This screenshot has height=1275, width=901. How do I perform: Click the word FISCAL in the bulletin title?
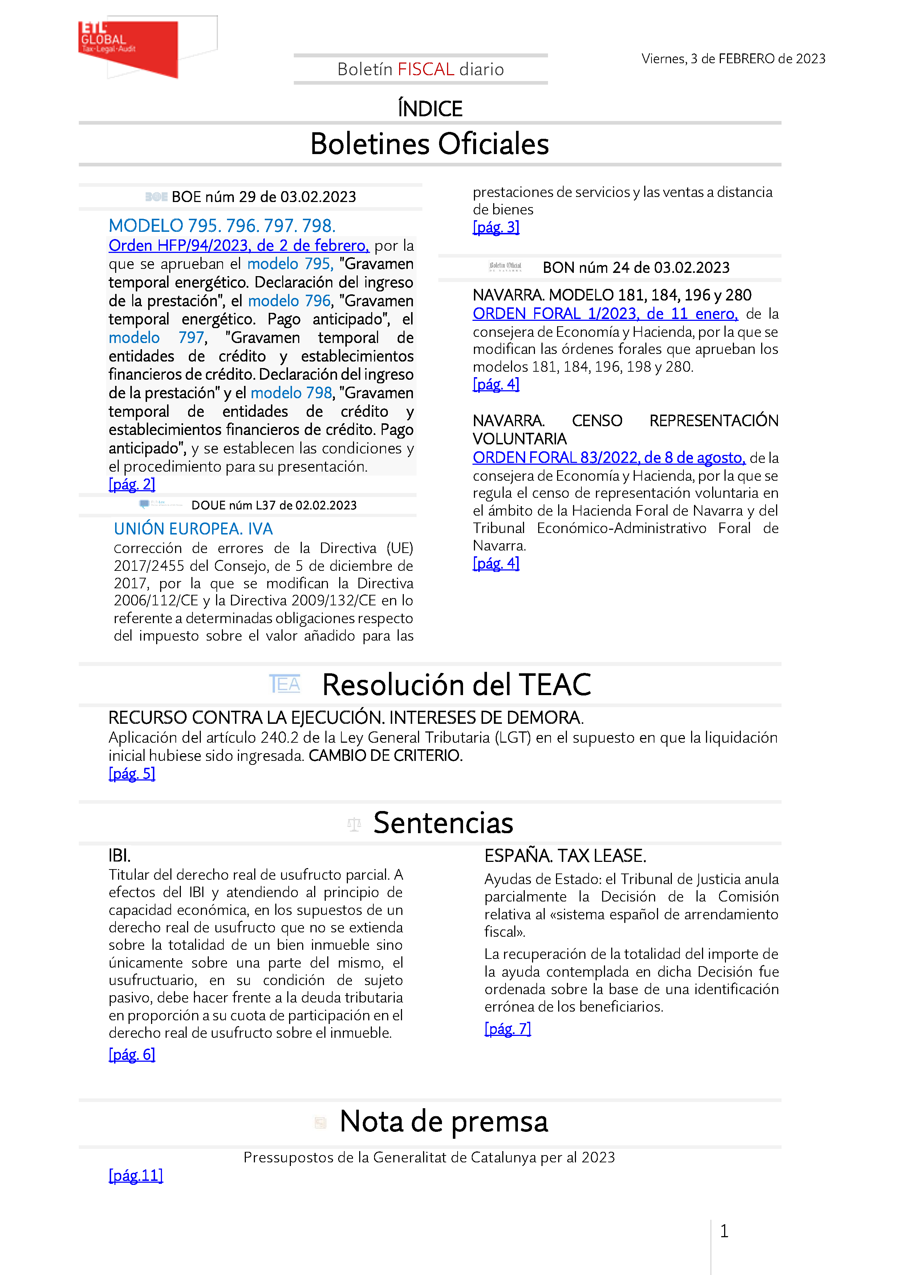tap(426, 69)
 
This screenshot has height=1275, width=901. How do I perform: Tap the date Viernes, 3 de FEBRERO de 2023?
tap(733, 59)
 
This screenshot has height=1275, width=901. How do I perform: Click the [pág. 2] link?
tap(131, 484)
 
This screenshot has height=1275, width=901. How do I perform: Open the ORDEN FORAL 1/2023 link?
tap(605, 314)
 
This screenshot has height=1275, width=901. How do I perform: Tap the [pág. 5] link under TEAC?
tap(131, 774)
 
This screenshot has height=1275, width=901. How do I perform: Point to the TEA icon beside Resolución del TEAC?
tap(284, 684)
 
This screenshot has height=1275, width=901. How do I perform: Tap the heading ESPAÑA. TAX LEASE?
tap(565, 856)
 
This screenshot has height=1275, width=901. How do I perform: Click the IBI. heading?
tap(119, 855)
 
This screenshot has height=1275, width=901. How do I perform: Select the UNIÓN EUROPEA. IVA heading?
tap(193, 529)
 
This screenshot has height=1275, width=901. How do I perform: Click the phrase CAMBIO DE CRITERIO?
tap(385, 755)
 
